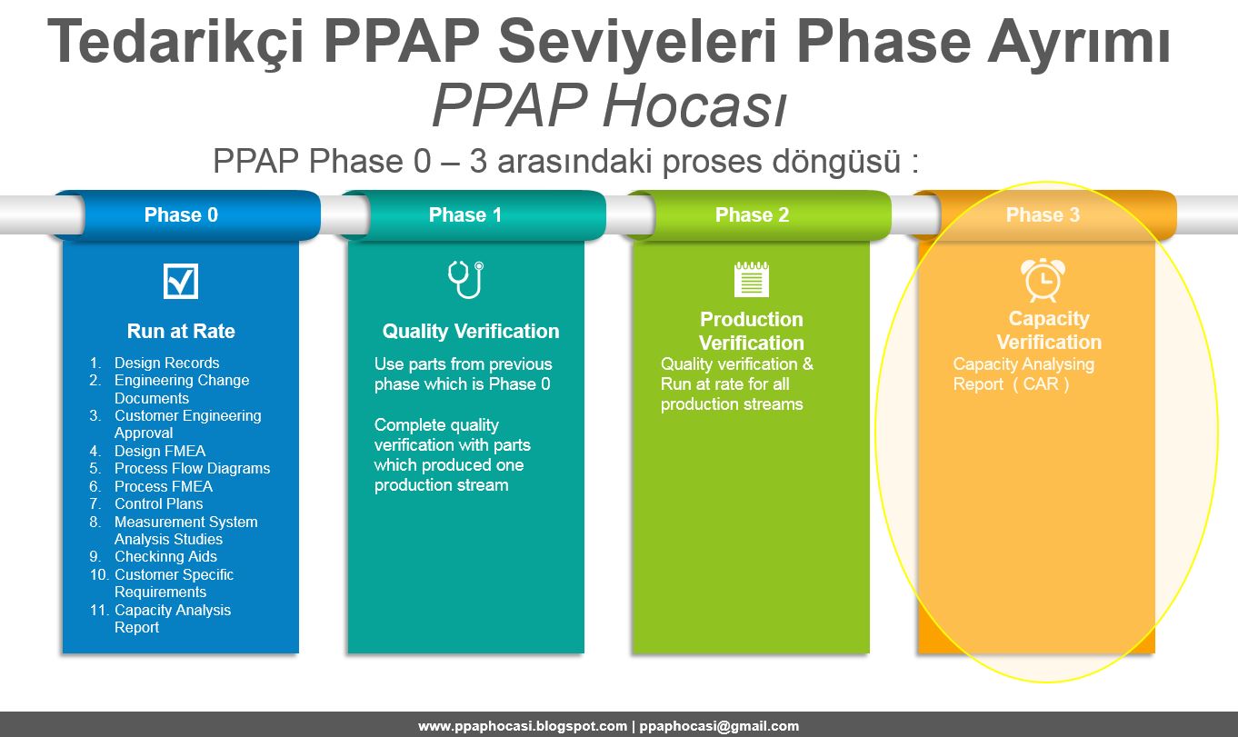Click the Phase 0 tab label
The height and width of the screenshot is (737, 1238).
click(181, 215)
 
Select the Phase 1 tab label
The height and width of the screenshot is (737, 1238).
click(464, 215)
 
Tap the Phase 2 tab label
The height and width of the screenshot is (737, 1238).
click(752, 215)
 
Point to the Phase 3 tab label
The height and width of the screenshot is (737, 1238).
click(1043, 215)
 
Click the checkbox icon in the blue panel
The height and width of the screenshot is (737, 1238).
click(180, 281)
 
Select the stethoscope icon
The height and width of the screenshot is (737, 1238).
click(465, 280)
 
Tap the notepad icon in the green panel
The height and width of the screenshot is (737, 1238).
click(751, 279)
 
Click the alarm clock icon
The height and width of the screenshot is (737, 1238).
click(1043, 280)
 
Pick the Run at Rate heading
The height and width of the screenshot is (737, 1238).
click(181, 332)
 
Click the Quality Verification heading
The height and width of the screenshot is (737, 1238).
click(470, 332)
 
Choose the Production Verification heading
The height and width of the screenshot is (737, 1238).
click(751, 331)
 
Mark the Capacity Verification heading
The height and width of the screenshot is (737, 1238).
click(1048, 330)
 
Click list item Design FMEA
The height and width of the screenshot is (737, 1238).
click(159, 451)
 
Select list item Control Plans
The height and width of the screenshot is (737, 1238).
click(158, 503)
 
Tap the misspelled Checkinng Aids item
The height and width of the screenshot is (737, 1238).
click(165, 556)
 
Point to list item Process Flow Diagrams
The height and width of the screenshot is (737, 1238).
click(192, 468)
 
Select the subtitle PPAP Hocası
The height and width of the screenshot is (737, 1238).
click(608, 107)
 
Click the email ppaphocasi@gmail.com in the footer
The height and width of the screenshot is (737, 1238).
click(719, 726)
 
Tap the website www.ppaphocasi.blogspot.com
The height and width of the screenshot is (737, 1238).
click(522, 726)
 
